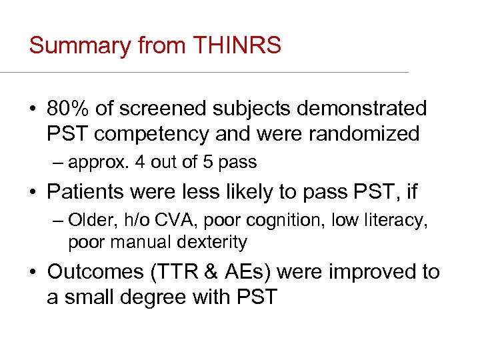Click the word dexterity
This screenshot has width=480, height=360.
coord(213,242)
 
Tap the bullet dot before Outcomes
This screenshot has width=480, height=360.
coord(33,272)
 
